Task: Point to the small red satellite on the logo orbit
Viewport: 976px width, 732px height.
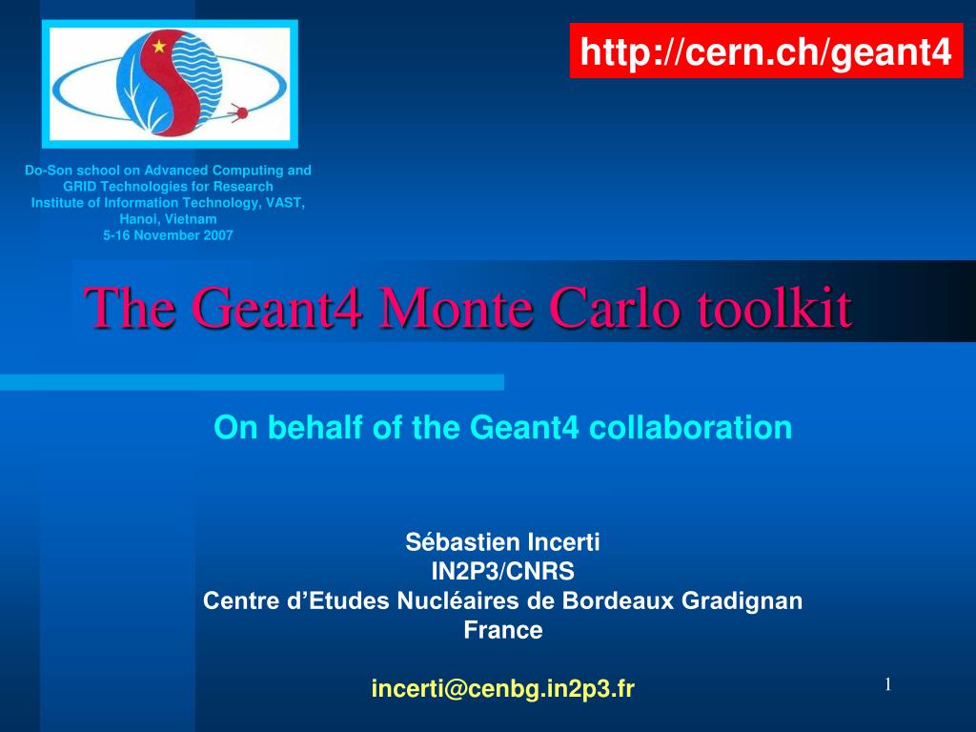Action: pyautogui.click(x=240, y=113)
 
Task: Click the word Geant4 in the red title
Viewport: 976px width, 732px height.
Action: pyautogui.click(x=277, y=309)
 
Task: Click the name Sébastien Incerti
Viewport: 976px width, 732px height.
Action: pyautogui.click(x=502, y=543)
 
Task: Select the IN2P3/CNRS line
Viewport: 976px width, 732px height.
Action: pyautogui.click(x=502, y=572)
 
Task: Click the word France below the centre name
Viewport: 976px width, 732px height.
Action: pyautogui.click(x=502, y=630)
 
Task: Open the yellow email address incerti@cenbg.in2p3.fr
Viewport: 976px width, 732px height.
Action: pyautogui.click(x=502, y=688)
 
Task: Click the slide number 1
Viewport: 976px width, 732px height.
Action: pyautogui.click(x=886, y=684)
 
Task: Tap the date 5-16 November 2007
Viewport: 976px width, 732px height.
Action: pyautogui.click(x=168, y=234)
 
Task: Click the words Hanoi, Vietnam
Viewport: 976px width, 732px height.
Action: pyautogui.click(x=168, y=218)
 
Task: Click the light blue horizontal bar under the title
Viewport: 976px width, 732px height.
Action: pyautogui.click(x=252, y=382)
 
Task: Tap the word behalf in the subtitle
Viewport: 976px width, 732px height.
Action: pyautogui.click(x=316, y=428)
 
